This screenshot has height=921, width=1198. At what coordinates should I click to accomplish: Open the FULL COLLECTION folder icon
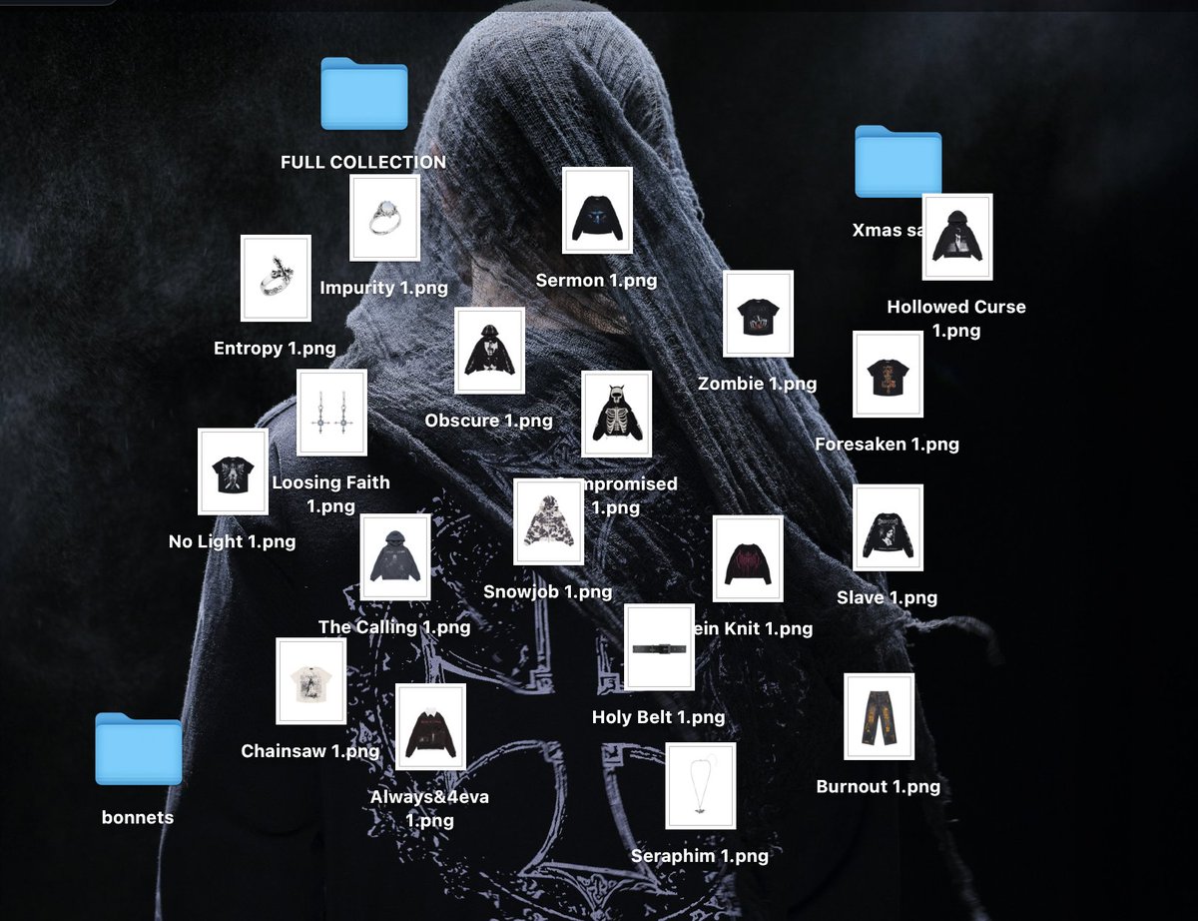[364, 94]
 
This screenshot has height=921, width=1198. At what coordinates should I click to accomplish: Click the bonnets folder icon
[139, 748]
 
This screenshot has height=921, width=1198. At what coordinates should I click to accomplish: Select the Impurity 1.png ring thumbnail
[384, 218]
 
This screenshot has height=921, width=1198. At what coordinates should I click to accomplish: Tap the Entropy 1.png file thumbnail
[276, 278]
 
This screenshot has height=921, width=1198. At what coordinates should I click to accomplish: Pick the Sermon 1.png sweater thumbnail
[597, 211]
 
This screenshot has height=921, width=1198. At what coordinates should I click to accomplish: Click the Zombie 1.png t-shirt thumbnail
[758, 314]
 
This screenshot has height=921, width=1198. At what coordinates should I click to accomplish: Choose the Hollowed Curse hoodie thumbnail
[956, 237]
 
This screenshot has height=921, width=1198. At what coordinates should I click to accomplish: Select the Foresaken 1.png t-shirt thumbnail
[888, 375]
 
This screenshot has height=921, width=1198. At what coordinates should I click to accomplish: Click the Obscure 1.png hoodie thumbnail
[489, 351]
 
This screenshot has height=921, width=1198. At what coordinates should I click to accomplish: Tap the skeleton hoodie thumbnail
[616, 414]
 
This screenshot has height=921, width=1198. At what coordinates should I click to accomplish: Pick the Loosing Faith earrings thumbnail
[331, 413]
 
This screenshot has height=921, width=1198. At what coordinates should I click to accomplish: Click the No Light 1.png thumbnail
[233, 471]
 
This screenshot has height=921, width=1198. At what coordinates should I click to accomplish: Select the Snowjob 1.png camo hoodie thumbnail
[548, 521]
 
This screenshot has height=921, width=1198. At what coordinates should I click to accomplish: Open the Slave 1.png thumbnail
[888, 527]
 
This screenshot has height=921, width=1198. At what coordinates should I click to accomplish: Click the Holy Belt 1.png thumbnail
[659, 647]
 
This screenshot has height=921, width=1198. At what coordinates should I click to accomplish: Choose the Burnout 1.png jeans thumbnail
[879, 716]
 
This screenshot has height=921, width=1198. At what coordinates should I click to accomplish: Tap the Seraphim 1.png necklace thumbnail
[700, 785]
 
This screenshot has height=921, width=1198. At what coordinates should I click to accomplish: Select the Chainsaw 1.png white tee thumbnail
[310, 681]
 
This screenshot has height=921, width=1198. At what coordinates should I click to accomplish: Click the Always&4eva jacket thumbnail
[430, 727]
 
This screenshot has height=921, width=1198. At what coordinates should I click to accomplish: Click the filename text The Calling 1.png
[394, 627]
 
